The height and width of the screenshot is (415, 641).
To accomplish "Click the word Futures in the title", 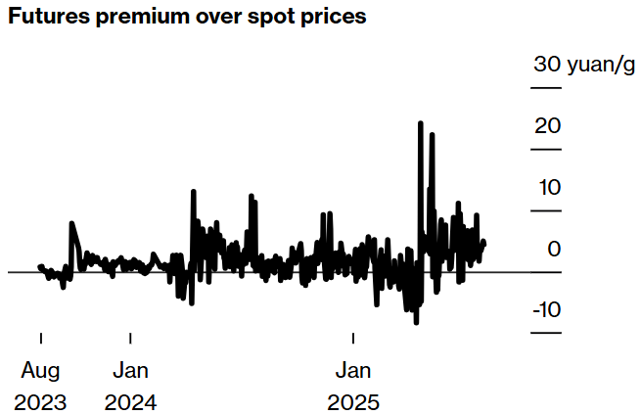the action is click(49, 16).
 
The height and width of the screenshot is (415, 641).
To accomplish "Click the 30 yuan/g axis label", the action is click(584, 65).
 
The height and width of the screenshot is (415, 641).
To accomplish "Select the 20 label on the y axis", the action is click(547, 125).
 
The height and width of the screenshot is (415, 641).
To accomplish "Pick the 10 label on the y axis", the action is click(549, 187).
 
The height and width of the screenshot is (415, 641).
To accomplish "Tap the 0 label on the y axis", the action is click(554, 249).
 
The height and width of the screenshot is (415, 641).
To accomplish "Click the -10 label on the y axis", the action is click(547, 309).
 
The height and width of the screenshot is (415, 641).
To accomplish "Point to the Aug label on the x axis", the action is click(40, 370).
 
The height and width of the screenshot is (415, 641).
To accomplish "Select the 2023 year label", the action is click(40, 402).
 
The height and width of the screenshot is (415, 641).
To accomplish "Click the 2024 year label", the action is click(130, 402).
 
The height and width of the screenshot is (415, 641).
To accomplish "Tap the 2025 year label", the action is click(353, 402).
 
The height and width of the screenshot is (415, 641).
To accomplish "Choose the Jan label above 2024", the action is click(130, 370).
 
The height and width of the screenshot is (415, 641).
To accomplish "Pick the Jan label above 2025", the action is click(353, 370).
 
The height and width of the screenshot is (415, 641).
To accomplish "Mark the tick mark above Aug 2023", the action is click(41, 338).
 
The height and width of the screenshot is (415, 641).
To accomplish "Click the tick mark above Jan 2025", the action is click(353, 338).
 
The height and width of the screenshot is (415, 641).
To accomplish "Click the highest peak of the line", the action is click(420, 122).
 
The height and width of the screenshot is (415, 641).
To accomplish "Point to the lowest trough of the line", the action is click(416, 323).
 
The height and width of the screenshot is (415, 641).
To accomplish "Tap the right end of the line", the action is click(484, 244).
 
